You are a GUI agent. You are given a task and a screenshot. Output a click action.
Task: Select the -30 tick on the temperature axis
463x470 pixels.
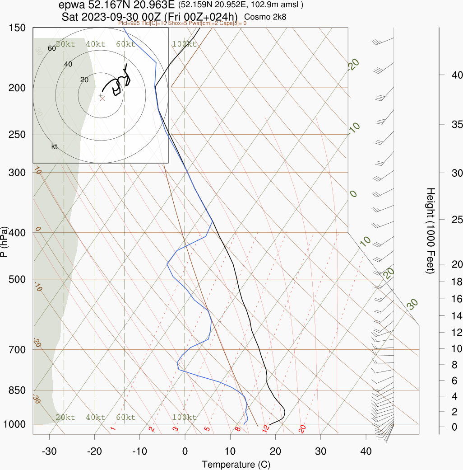(49, 451)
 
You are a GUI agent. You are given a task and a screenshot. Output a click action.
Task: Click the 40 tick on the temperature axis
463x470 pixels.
(366, 451)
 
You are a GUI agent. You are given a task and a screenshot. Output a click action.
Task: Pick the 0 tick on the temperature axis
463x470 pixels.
(185, 451)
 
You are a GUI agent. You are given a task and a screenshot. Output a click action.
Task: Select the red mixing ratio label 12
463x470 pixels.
(266, 428)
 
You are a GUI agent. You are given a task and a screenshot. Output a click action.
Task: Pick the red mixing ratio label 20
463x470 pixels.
(302, 428)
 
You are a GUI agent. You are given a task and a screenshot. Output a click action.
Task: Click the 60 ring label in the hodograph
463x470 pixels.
(52, 48)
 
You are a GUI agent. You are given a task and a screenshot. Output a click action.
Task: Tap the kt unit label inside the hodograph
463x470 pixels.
(54, 146)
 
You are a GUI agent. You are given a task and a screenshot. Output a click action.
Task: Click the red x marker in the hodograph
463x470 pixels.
(102, 99)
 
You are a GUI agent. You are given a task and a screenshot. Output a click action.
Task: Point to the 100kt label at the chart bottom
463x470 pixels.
(184, 417)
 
